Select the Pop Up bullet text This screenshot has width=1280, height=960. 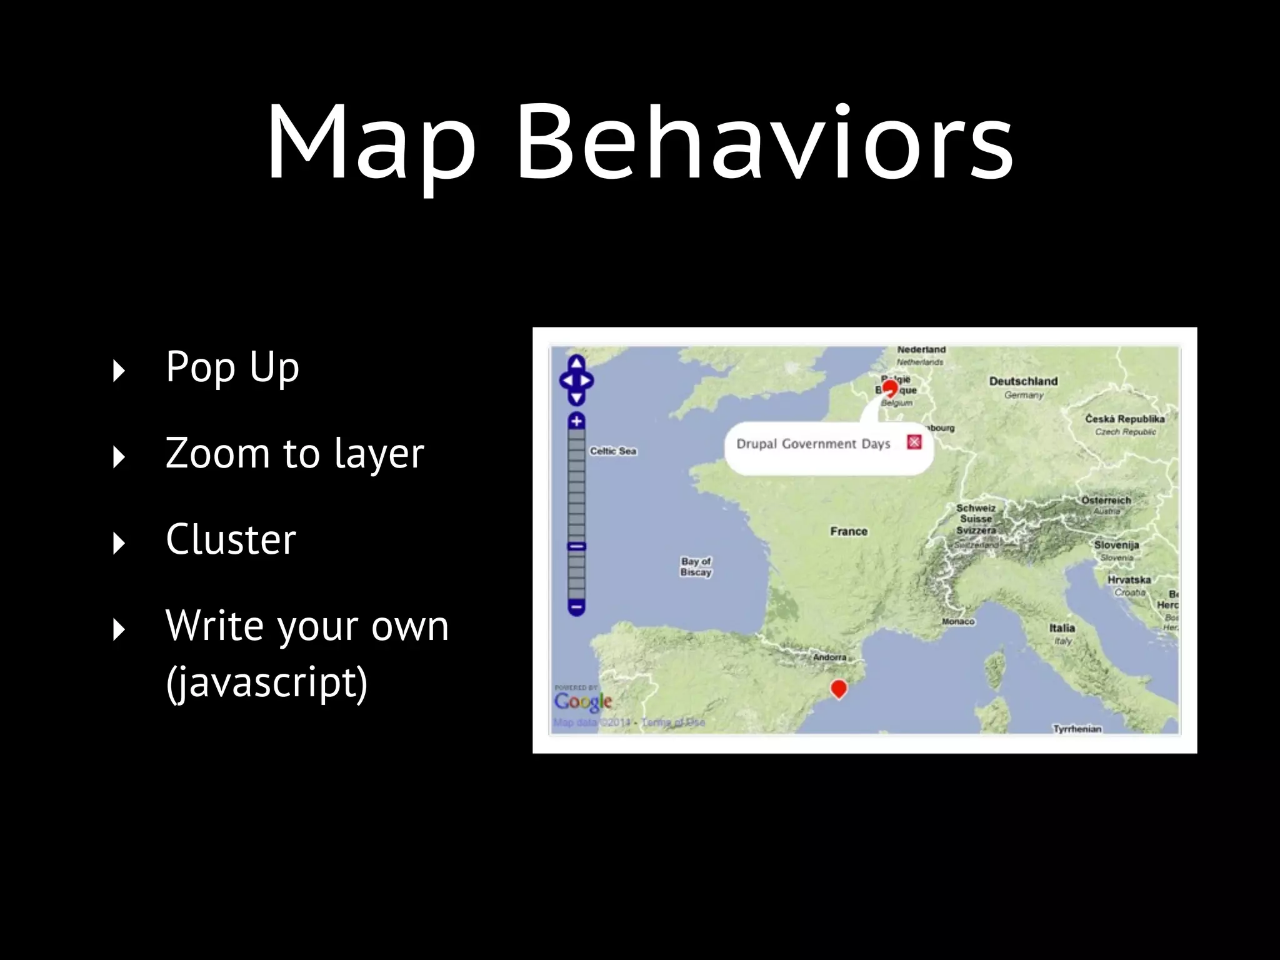[232, 367]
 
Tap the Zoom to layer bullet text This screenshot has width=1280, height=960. [294, 454]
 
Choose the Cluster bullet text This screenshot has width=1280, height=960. [231, 539]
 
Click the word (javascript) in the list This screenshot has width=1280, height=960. [267, 682]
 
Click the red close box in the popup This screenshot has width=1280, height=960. [914, 442]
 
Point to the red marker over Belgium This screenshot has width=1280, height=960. [890, 389]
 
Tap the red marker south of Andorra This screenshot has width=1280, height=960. [839, 689]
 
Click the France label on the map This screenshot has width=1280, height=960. [849, 531]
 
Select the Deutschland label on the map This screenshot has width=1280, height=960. [1023, 381]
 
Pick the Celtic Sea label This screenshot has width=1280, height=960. [612, 451]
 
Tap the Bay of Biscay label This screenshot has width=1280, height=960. [696, 567]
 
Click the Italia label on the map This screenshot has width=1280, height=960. [1062, 628]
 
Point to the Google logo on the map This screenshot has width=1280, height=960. [582, 702]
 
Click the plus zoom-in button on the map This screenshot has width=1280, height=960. [576, 421]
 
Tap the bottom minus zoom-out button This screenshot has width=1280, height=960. [576, 607]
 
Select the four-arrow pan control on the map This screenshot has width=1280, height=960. [576, 380]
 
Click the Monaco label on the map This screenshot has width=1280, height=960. [958, 622]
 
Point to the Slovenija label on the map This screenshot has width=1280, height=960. [1116, 545]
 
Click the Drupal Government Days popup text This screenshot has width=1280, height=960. [812, 444]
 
